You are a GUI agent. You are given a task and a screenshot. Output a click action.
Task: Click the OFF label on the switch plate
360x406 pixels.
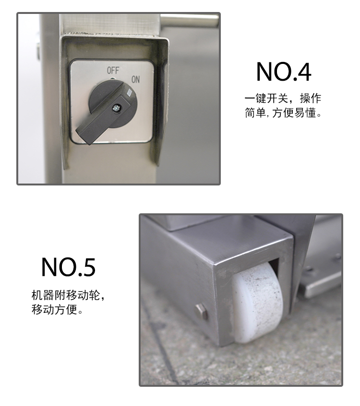coord(113,71)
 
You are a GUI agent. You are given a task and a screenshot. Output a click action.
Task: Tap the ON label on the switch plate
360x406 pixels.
coord(135,80)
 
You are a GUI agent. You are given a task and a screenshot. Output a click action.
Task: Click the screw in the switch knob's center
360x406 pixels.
coord(115,109)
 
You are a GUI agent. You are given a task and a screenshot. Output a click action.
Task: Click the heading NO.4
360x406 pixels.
coord(283,72)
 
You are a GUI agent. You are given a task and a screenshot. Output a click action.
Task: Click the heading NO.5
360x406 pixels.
coord(68,267)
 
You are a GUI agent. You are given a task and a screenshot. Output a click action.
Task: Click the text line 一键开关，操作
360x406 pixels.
coord(283,98)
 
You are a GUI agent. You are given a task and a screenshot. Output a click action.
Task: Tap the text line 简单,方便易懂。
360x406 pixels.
coord(283,114)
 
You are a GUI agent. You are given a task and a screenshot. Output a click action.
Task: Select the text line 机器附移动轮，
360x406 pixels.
coord(68,295)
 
